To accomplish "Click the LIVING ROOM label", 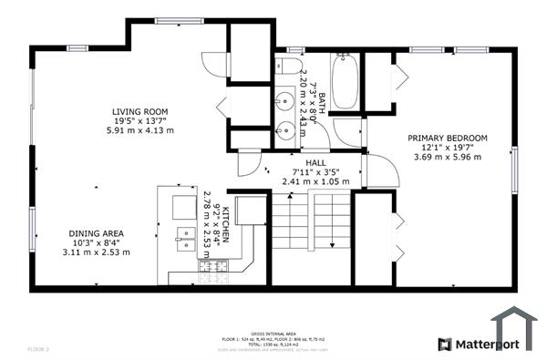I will pyautogui.click(x=139, y=112).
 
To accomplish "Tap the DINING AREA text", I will pyautogui.click(x=102, y=233).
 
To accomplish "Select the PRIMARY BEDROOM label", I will pyautogui.click(x=454, y=138).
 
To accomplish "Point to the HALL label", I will pyautogui.click(x=315, y=162).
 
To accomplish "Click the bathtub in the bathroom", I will pyautogui.click(x=345, y=81).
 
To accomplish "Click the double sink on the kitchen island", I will pyautogui.click(x=186, y=240).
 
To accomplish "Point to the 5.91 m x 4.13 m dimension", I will pyautogui.click(x=139, y=130).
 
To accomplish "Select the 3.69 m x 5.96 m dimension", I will pyautogui.click(x=454, y=156).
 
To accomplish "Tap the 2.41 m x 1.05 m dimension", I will pyautogui.click(x=315, y=180).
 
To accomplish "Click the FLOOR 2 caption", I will pyautogui.click(x=38, y=349).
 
